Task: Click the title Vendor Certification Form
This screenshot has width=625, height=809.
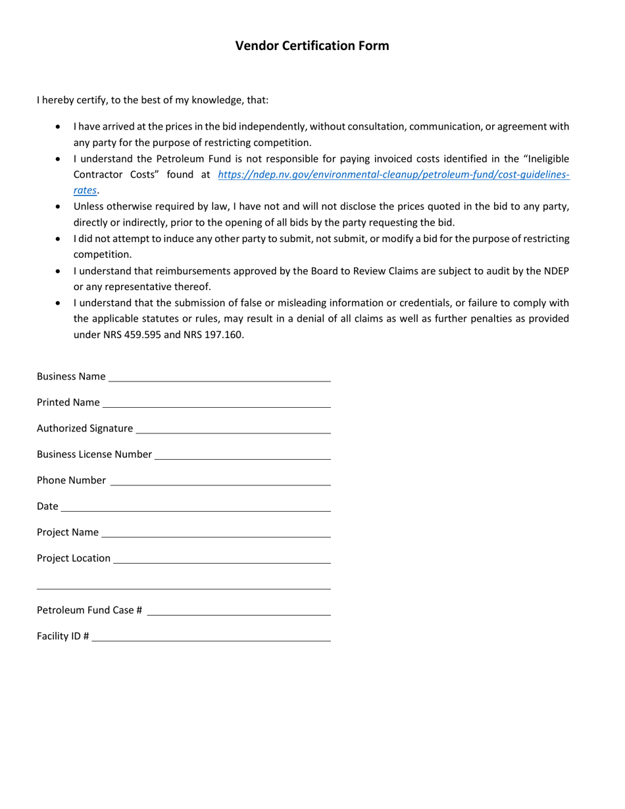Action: click(x=312, y=46)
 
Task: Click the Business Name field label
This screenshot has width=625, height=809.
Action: click(x=70, y=377)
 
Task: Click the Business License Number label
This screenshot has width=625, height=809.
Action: click(x=94, y=454)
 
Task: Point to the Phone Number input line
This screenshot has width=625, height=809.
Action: click(x=220, y=481)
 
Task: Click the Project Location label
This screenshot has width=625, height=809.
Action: click(x=74, y=558)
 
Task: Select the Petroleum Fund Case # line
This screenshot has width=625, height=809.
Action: click(x=239, y=611)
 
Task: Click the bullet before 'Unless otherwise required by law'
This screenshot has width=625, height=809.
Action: click(x=60, y=207)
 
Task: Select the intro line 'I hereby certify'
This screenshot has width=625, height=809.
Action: click(x=153, y=101)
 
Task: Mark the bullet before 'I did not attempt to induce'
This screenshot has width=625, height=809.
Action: click(x=60, y=239)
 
